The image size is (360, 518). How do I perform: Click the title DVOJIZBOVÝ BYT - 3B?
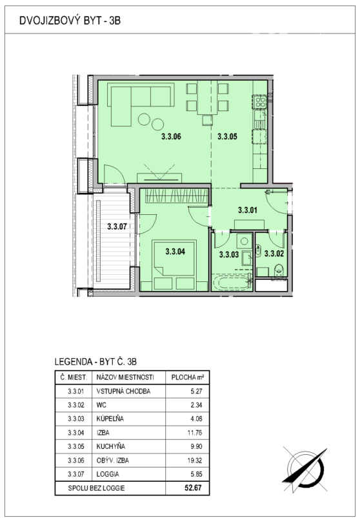[70, 21]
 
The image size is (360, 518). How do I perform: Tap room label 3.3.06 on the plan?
[171, 137]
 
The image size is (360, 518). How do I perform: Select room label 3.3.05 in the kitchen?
[227, 137]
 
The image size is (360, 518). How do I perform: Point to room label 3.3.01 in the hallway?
[247, 210]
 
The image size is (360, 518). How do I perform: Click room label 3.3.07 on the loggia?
[117, 226]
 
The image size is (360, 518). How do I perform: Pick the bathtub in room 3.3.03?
[232, 283]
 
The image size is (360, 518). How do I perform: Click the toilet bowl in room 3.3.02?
[279, 270]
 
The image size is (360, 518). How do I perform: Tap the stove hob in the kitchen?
[259, 101]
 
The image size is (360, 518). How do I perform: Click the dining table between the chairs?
[207, 97]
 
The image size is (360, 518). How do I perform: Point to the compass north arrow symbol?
[305, 469]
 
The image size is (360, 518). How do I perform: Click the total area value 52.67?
[193, 488]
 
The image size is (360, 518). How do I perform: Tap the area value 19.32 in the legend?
[195, 460]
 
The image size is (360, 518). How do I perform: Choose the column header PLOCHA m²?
[187, 377]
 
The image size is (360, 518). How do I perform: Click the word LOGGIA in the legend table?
[108, 474]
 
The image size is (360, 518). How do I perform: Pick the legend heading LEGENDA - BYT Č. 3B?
[95, 362]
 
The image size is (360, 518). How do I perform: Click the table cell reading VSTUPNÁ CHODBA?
[123, 391]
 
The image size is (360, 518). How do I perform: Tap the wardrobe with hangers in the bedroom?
[177, 195]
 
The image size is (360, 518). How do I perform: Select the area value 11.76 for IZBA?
[195, 432]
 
